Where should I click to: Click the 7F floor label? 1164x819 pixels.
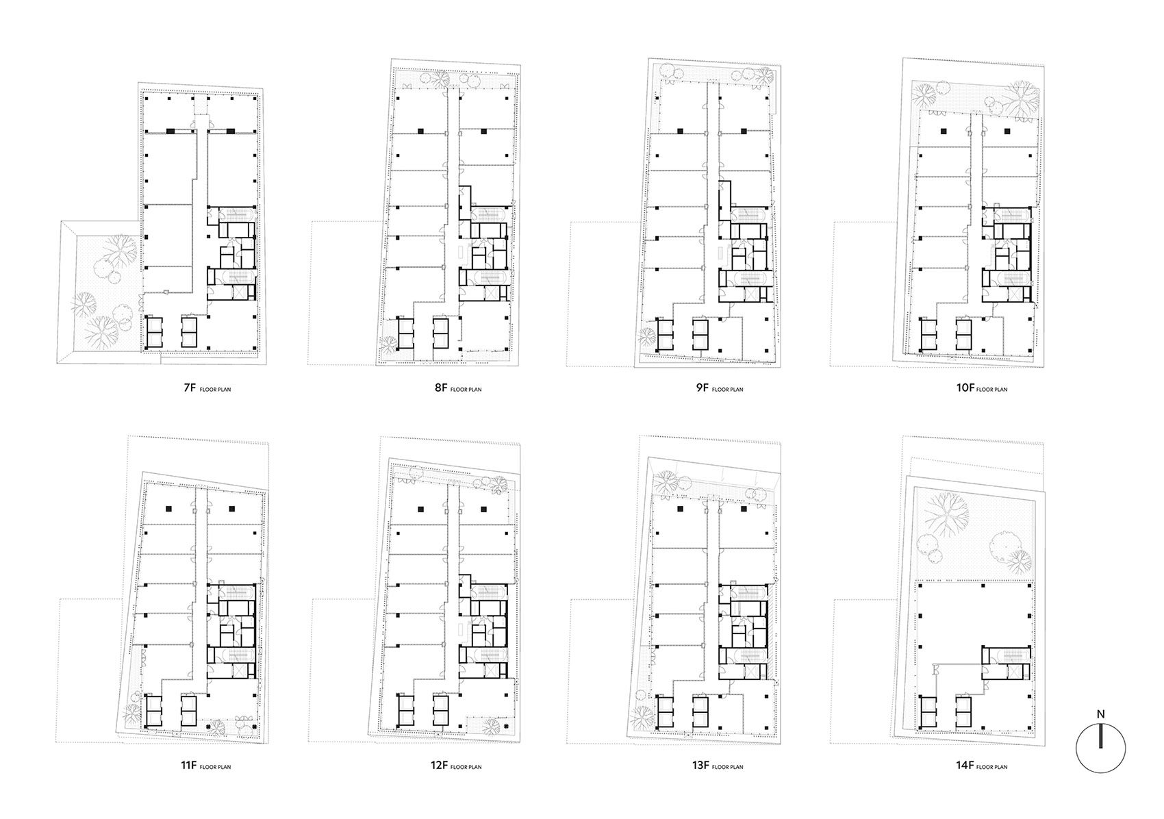[x=189, y=388]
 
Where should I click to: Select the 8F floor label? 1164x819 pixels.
[x=441, y=388]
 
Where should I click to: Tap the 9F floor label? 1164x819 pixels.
[x=701, y=388]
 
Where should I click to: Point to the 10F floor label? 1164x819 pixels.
[x=964, y=388]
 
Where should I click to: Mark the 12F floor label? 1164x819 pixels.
[x=439, y=766]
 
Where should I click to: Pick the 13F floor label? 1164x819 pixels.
[x=699, y=766]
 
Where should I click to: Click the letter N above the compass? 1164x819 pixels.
[x=1100, y=714]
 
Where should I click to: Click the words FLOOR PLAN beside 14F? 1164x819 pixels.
[x=991, y=767]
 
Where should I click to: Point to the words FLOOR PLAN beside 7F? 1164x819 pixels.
[x=215, y=390]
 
